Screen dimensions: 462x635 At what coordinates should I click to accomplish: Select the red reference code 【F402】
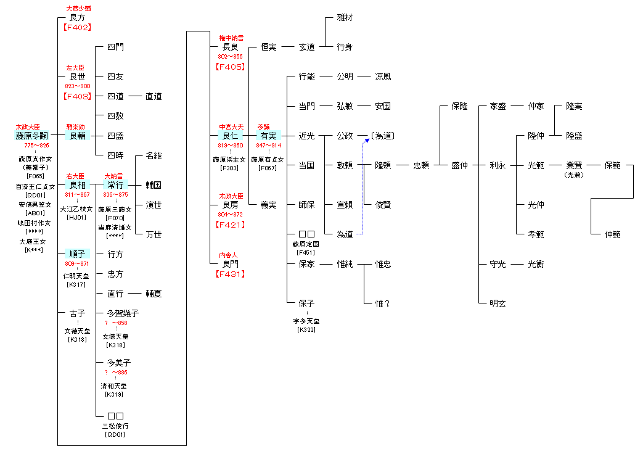[x=76, y=27]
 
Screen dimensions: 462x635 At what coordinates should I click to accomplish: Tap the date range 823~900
[x=78, y=86]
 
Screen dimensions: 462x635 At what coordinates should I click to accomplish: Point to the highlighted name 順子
[x=78, y=254]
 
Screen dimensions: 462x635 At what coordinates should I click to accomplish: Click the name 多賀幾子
[x=123, y=313]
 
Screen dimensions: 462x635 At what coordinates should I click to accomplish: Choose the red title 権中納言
[x=231, y=38]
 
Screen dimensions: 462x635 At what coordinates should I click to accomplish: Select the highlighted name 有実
[x=268, y=136]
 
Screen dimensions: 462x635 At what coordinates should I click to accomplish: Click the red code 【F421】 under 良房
[x=230, y=225]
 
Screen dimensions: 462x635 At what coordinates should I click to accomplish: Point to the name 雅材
[x=345, y=18]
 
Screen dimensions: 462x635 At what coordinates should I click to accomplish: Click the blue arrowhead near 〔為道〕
[x=366, y=141]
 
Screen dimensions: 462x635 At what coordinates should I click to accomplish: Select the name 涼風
[x=383, y=76]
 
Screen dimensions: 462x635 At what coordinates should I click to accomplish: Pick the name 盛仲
[x=459, y=165]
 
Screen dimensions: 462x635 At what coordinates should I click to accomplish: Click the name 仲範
[x=612, y=234]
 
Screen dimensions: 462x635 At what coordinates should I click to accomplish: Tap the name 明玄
[x=498, y=303]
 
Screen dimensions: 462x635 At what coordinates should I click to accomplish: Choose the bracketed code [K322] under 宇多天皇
[x=306, y=330]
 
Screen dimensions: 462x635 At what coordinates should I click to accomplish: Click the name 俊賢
[x=383, y=205]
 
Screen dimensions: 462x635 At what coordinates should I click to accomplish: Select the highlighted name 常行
[x=116, y=185]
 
